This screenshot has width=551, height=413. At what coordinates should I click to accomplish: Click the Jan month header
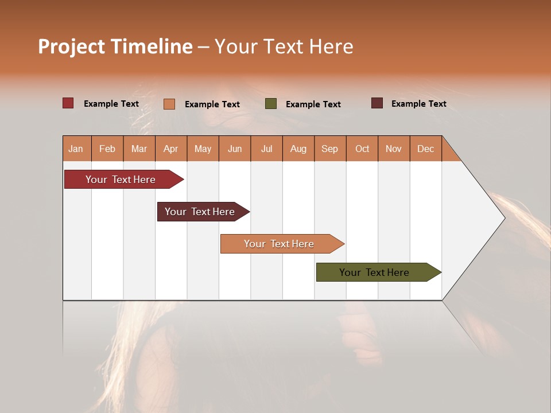coord(76,149)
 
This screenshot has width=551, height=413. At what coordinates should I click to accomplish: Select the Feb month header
coord(107,149)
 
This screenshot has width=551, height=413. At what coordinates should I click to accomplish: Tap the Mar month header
coord(139,149)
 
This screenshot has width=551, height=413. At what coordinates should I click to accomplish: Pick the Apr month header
coord(171,149)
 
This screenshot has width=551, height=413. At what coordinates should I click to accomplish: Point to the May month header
coord(203,149)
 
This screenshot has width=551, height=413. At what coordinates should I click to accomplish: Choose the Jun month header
coord(235,149)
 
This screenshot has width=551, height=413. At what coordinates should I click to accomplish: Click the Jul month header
coord(266,149)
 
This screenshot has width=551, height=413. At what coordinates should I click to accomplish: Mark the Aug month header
coord(298,149)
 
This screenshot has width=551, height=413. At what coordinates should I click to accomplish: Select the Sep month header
coord(330,149)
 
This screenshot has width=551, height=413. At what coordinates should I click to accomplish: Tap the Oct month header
coord(362,149)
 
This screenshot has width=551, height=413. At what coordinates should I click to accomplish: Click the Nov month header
coord(394,149)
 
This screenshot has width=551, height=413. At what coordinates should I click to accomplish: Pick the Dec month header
coord(426,149)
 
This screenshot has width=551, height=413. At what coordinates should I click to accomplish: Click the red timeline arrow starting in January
coord(121,180)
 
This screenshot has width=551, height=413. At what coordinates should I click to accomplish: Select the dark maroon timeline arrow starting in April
coord(200,212)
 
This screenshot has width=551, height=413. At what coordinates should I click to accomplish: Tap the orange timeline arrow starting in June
coord(280,244)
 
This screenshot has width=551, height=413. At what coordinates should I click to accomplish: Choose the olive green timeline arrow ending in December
coord(375,272)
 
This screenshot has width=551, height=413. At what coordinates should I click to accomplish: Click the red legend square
coord(68,103)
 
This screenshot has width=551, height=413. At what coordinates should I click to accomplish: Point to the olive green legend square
coord(271,103)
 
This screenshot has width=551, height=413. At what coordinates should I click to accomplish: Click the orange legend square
coord(169,104)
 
